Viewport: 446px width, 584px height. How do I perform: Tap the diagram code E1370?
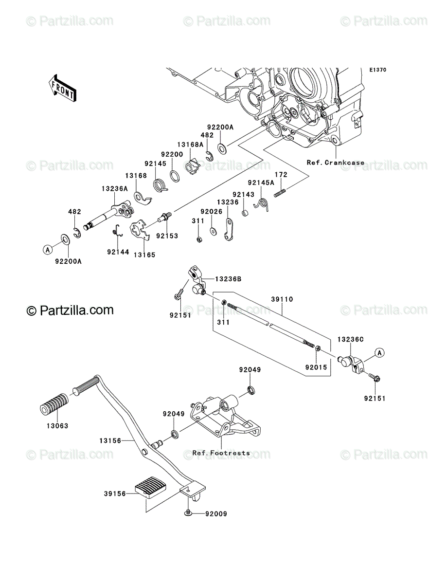(x=378, y=70)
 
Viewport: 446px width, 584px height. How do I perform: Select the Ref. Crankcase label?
(x=336, y=162)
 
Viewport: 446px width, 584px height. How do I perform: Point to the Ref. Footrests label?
(x=221, y=453)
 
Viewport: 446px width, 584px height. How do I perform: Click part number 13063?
(x=57, y=426)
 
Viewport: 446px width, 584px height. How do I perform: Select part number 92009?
(x=216, y=514)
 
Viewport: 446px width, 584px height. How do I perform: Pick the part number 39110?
(x=282, y=299)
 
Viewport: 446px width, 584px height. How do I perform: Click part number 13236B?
(x=228, y=279)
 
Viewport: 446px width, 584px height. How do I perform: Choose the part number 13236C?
(x=351, y=340)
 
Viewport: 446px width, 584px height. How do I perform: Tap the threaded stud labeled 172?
(x=280, y=193)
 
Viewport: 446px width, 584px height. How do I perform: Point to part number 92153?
(x=167, y=236)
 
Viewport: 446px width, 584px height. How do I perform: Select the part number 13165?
(x=144, y=255)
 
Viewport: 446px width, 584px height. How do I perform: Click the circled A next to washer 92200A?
(x=48, y=250)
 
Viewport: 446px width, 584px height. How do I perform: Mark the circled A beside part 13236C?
(x=379, y=353)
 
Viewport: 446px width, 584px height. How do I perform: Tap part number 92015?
(x=316, y=367)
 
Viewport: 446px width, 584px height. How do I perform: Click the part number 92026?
(x=211, y=212)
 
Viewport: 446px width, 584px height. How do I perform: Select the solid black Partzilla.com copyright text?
(x=70, y=310)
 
